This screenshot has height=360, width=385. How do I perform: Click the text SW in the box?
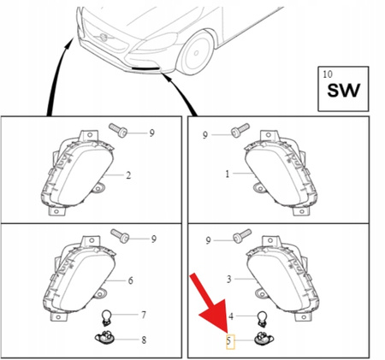pyautogui.click(x=343, y=91)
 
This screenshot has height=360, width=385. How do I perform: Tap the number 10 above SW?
pyautogui.click(x=328, y=74)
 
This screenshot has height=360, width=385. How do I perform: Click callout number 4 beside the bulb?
pyautogui.click(x=231, y=316)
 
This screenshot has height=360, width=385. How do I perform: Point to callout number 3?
pyautogui.click(x=229, y=280)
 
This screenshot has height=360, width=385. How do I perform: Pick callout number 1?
pyautogui.click(x=228, y=174)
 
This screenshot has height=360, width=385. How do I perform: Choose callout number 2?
pyautogui.click(x=128, y=175)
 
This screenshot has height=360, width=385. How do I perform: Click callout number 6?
pyautogui.click(x=130, y=280)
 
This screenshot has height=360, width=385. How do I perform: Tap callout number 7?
pyautogui.click(x=144, y=315)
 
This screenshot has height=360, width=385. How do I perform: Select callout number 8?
pyautogui.click(x=144, y=339)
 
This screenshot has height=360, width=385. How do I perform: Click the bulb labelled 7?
pyautogui.click(x=106, y=317)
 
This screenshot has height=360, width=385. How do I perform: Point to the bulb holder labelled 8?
pyautogui.click(x=104, y=338)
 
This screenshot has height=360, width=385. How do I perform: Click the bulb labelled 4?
pyautogui.click(x=262, y=319)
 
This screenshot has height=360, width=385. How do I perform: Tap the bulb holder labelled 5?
pyautogui.click(x=264, y=339)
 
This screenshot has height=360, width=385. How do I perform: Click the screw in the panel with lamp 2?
pyautogui.click(x=118, y=130)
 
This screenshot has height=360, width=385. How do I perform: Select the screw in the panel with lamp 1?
pyautogui.click(x=240, y=131)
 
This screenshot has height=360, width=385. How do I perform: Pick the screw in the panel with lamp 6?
pyautogui.click(x=120, y=236)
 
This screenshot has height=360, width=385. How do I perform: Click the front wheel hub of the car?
pyautogui.click(x=196, y=53)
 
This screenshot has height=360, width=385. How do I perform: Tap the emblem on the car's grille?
pyautogui.click(x=104, y=38)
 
